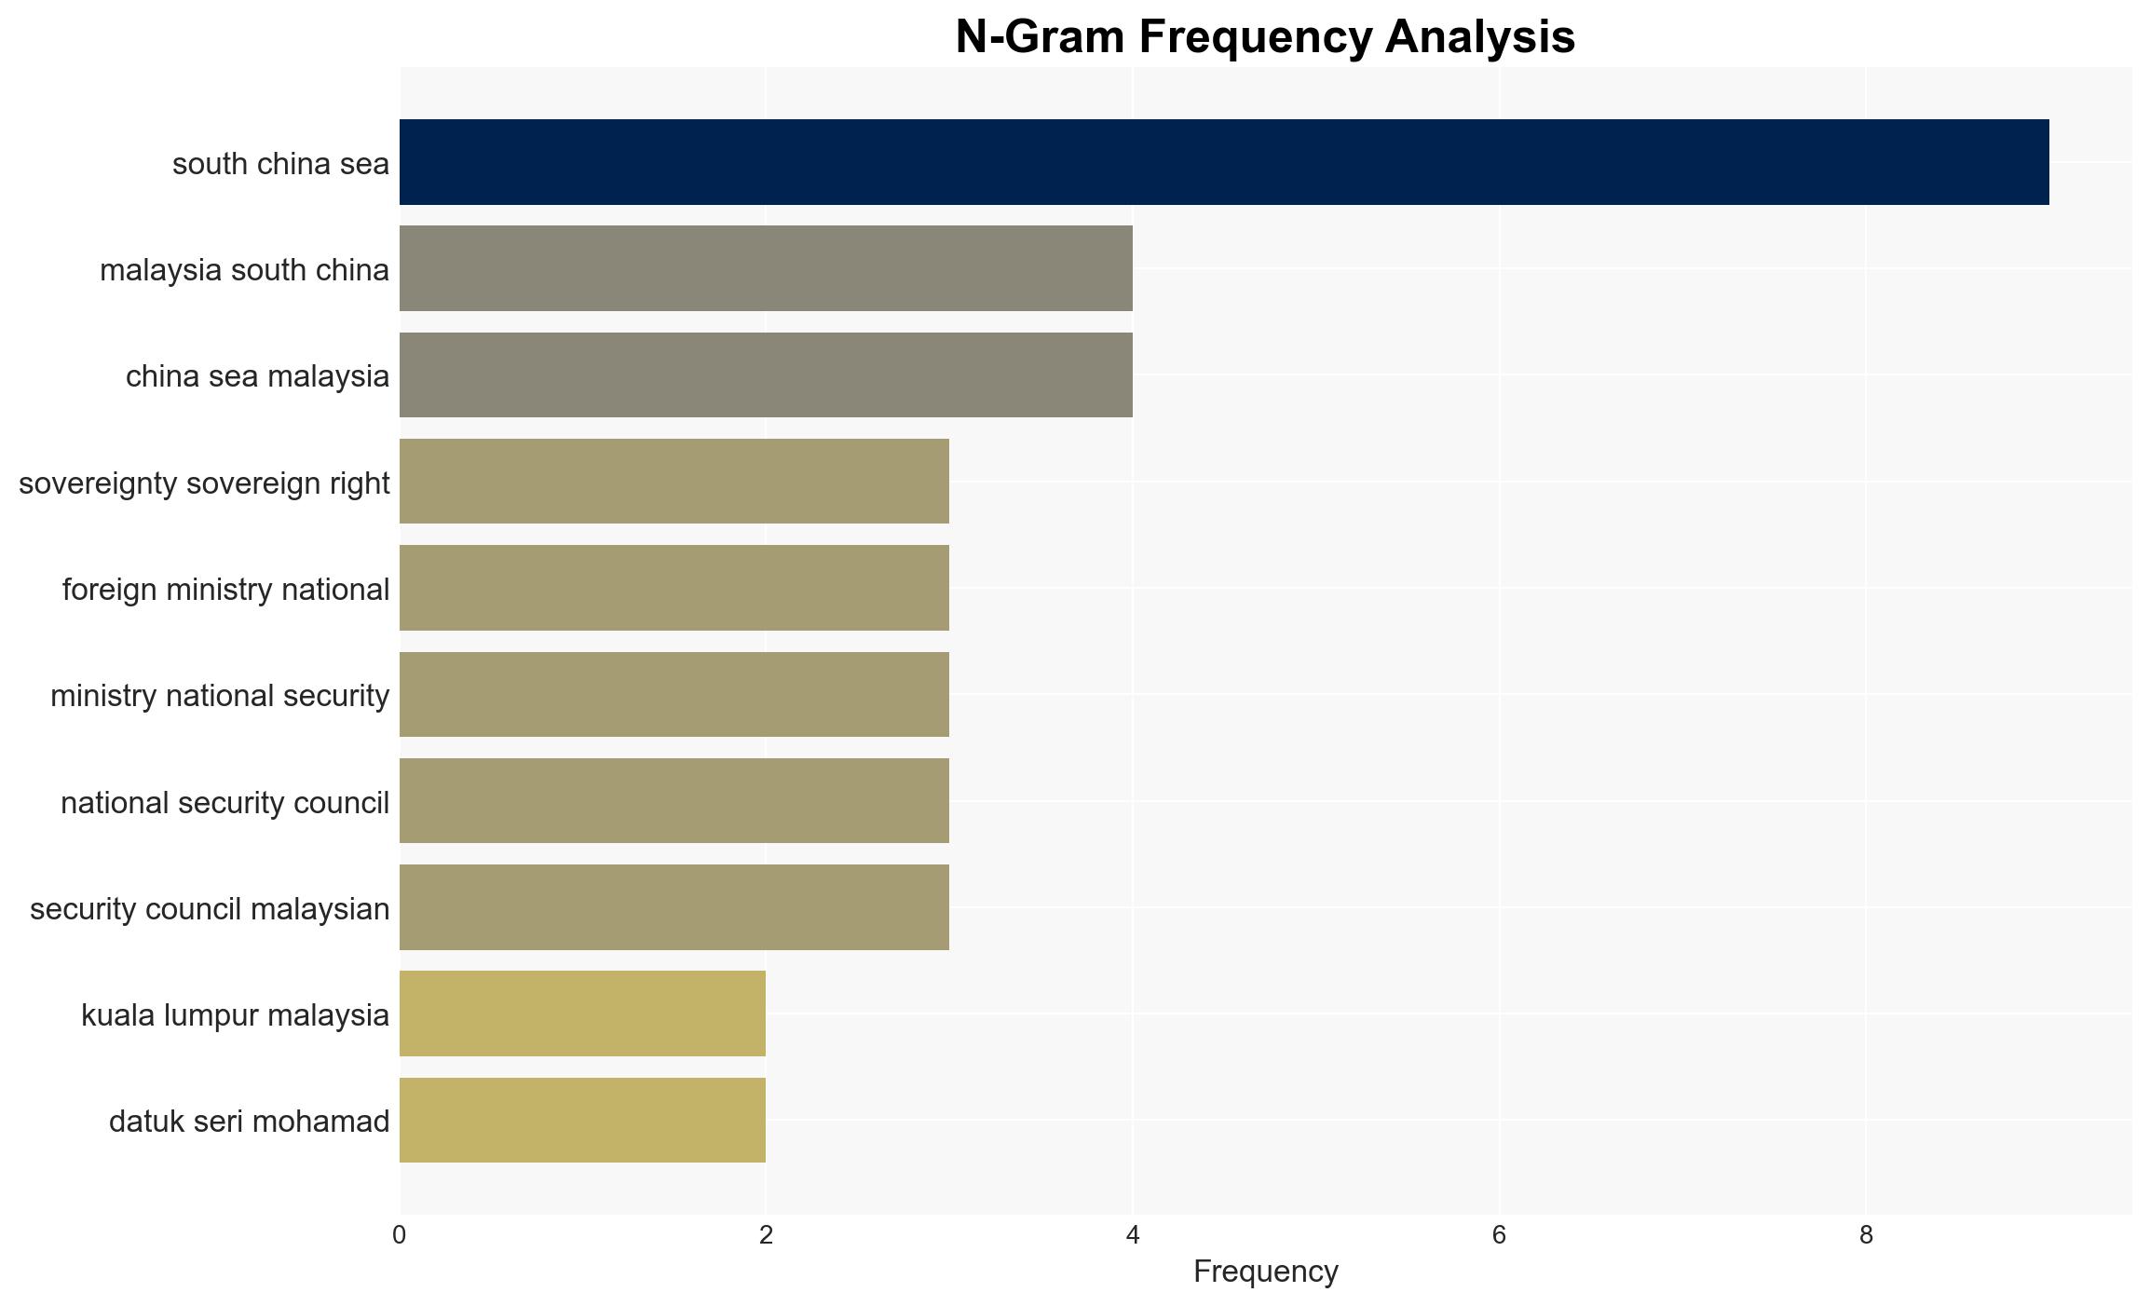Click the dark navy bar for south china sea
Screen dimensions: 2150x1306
(x=1224, y=162)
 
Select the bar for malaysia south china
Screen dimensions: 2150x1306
(x=766, y=268)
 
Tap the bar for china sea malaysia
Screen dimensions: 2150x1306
(x=766, y=375)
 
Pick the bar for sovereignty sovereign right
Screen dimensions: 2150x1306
(x=674, y=482)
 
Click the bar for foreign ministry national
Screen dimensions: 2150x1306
(x=674, y=588)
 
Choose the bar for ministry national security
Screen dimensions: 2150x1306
(x=674, y=695)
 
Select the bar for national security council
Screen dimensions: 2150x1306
(x=674, y=801)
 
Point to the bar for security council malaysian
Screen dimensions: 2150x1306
(x=674, y=907)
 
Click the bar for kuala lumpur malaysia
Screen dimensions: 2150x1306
(x=582, y=1014)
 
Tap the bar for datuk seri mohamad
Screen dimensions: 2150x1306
(x=582, y=1121)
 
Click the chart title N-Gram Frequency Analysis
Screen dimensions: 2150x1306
(x=1265, y=37)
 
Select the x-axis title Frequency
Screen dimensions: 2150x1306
(x=1265, y=1272)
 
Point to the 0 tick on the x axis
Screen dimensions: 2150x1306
(x=400, y=1235)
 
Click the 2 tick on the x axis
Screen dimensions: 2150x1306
(x=766, y=1235)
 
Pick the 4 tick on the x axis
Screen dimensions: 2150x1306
(x=1133, y=1235)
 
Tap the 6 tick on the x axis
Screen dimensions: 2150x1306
(x=1499, y=1235)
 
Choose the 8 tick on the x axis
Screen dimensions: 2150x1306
(x=1866, y=1235)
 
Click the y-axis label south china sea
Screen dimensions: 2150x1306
(x=280, y=164)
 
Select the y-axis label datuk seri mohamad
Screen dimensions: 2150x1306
(x=249, y=1122)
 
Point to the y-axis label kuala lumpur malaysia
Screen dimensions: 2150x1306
(x=235, y=1015)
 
